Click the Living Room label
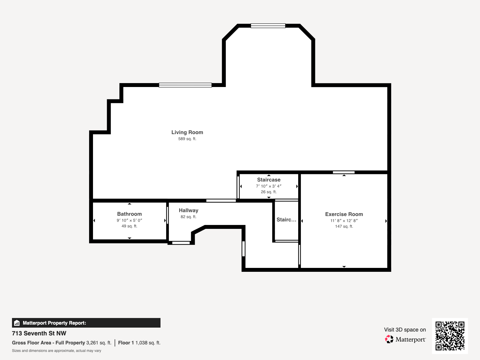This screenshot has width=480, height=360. click(187, 132)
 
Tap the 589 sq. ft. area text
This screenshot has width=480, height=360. click(187, 139)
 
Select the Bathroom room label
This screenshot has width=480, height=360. click(130, 214)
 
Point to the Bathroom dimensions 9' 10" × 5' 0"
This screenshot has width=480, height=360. click(130, 220)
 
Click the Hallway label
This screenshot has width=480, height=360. click(188, 211)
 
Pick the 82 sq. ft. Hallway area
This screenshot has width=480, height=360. click(188, 217)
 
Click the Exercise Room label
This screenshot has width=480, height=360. click(344, 214)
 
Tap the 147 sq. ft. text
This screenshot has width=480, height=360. click(344, 226)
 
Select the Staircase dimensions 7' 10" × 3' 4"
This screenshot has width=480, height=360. click(269, 186)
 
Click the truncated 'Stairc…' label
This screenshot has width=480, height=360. click(286, 220)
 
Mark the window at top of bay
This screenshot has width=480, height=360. click(268, 26)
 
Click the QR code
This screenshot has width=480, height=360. click(450, 336)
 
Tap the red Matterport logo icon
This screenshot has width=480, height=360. click(389, 339)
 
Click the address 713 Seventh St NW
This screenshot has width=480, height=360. click(39, 333)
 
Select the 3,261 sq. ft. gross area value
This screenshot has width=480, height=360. click(99, 343)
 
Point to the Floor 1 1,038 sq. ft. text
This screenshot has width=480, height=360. click(139, 343)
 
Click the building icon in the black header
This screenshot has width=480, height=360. click(17, 323)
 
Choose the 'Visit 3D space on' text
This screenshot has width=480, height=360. click(405, 330)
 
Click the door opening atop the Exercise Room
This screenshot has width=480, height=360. click(344, 172)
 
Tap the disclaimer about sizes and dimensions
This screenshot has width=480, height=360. click(57, 351)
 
